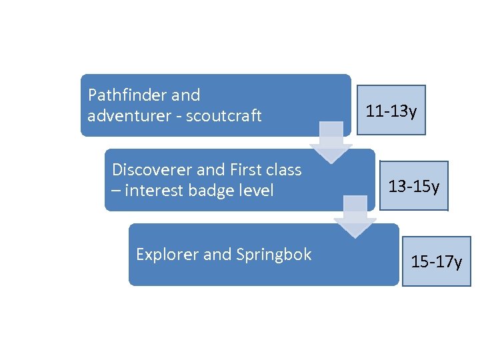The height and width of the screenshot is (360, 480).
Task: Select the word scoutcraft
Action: click(224, 116)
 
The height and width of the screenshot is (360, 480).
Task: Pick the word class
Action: click(285, 170)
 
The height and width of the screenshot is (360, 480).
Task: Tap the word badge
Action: click(215, 191)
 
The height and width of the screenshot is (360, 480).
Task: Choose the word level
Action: click(259, 191)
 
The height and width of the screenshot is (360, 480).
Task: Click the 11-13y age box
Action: click(391, 111)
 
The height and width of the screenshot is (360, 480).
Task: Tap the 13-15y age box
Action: click(414, 186)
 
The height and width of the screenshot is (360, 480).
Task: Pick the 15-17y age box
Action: click(437, 261)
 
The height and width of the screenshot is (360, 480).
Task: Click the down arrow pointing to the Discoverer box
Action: click(331, 144)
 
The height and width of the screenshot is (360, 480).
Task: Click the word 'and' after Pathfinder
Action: click(186, 95)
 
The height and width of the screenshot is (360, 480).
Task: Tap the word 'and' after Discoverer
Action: click(209, 170)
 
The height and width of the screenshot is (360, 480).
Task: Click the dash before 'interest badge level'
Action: click(116, 191)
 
